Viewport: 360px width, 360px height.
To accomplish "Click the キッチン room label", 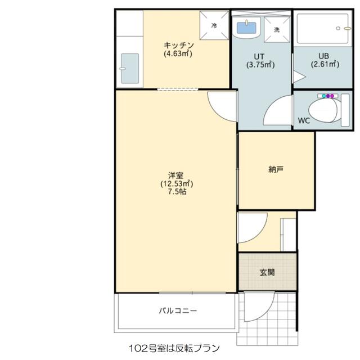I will [178, 46].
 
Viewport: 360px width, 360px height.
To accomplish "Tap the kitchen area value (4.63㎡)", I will [178, 54].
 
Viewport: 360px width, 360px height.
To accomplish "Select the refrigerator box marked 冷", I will [214, 25].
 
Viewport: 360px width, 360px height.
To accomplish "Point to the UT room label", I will [259, 56].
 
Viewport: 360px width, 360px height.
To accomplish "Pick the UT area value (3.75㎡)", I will [260, 64].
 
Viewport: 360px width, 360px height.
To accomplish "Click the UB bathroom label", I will [325, 56].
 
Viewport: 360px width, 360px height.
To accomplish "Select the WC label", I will [304, 120].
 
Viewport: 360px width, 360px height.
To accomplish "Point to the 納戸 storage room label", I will [276, 169].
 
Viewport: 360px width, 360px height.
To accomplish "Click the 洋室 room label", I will [177, 175].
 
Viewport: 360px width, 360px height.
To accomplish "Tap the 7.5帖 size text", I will [177, 192].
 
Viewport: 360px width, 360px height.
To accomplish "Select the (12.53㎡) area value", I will [177, 183].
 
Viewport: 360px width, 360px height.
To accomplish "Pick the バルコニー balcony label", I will [177, 310].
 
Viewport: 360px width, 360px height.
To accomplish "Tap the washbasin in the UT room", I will [246, 28].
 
